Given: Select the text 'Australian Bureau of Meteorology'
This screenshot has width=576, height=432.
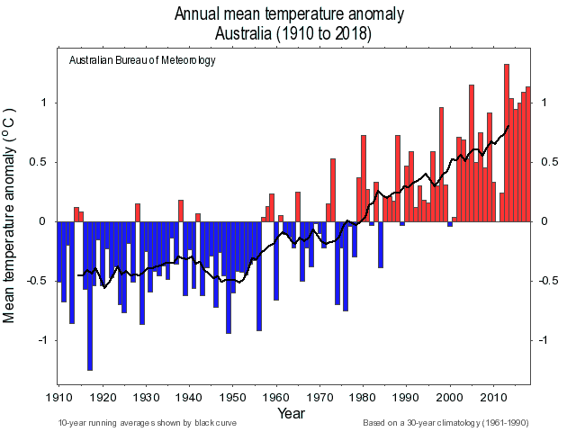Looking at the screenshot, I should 142,60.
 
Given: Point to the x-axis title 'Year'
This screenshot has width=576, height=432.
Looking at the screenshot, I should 291,414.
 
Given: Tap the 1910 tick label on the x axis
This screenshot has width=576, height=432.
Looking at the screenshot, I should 58,397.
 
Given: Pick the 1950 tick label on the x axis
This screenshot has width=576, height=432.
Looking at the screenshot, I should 232,397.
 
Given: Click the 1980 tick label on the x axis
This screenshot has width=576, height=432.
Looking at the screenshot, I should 363,397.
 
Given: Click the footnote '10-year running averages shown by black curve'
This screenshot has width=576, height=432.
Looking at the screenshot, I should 148,422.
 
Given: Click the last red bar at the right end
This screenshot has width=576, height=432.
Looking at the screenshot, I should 528,154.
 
